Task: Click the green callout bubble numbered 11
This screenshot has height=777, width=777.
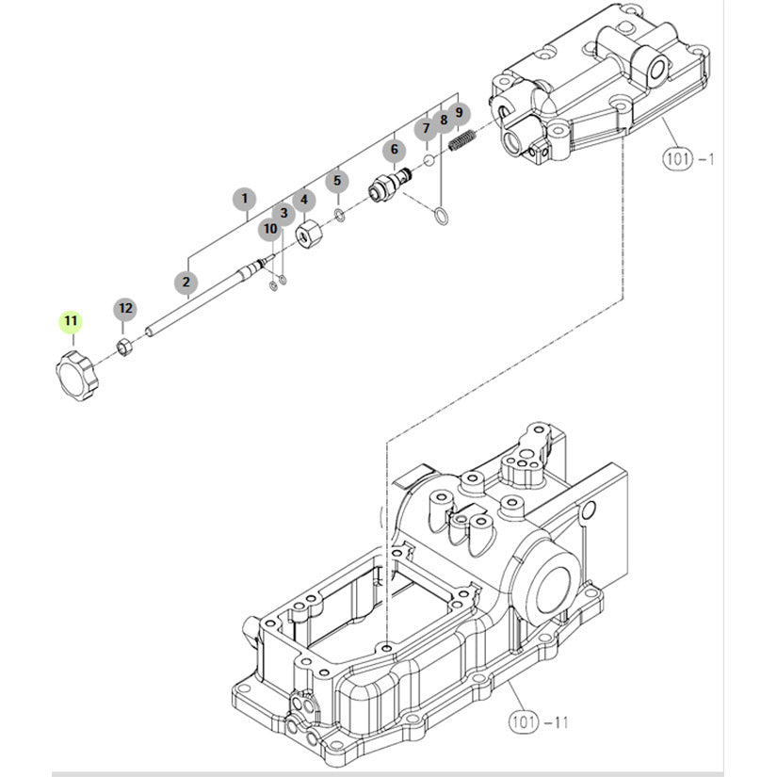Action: coord(72,321)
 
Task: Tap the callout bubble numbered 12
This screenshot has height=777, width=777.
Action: coord(125,308)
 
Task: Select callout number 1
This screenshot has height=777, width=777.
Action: coord(245,199)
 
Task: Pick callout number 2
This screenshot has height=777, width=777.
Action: coord(186,281)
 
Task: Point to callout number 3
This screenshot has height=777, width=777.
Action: coord(283,213)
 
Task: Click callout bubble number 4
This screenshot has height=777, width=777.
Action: coord(303,200)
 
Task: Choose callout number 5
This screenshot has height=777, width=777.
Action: coord(338,180)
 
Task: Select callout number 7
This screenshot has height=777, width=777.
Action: coord(426,128)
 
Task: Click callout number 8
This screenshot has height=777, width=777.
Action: coord(444,121)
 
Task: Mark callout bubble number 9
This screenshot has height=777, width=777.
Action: coord(459,112)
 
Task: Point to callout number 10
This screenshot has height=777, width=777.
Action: coord(270,228)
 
